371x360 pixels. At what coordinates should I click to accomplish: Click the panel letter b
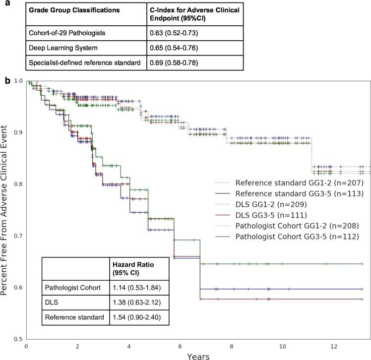tap(6, 79)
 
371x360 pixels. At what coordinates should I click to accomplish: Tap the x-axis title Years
tap(197, 355)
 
